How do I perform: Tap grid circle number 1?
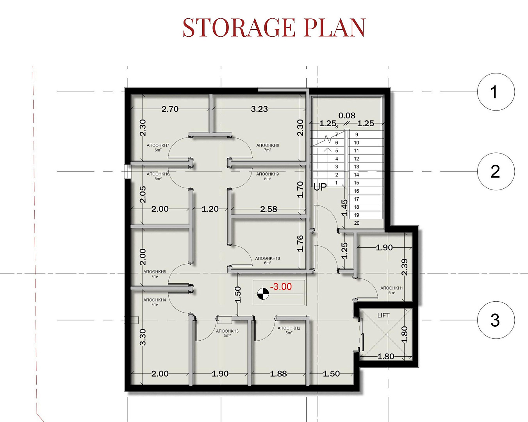[x=496, y=92]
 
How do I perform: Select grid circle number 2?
[x=496, y=172]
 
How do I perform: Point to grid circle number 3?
[x=496, y=320]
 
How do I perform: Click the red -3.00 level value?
[x=281, y=286]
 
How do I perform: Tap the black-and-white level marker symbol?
[x=263, y=293]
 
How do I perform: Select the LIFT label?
[x=384, y=315]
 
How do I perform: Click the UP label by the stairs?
[x=320, y=187]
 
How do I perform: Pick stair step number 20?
[x=357, y=223]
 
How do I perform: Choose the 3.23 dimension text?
[x=259, y=109]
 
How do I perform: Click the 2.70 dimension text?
[x=170, y=109]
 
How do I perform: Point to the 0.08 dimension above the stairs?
[x=347, y=115]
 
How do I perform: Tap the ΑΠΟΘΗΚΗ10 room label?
[x=268, y=258]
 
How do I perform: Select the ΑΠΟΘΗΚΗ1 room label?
[x=392, y=288]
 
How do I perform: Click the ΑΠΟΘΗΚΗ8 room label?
[x=268, y=145]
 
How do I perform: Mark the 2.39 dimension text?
[x=405, y=267]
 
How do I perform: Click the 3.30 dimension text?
[x=143, y=337]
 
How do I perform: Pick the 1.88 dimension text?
[x=278, y=374]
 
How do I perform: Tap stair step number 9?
[x=357, y=134]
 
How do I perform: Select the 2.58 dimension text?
[x=269, y=209]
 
